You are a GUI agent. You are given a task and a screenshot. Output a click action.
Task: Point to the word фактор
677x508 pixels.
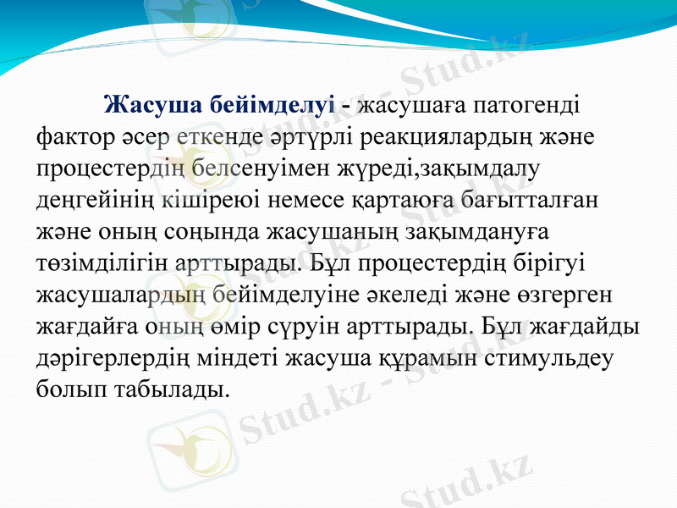(71, 135)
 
